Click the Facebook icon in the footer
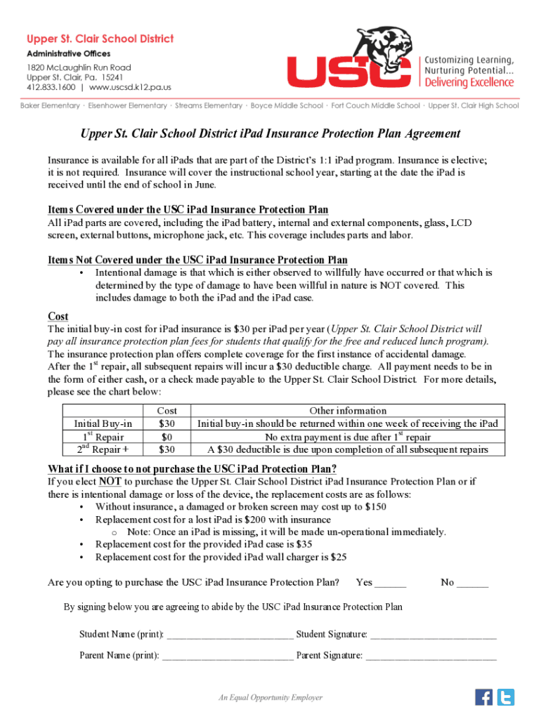pyautogui.click(x=484, y=697)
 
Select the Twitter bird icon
pyautogui.click(x=506, y=697)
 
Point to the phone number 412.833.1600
pyautogui.click(x=51, y=88)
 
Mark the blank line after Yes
pyautogui.click(x=391, y=583)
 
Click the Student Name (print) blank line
pyautogui.click(x=230, y=636)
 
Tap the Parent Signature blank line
pyautogui.click(x=431, y=657)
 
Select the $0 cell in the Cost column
pyautogui.click(x=167, y=436)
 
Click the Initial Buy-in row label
pyautogui.click(x=103, y=423)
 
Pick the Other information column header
pyautogui.click(x=348, y=411)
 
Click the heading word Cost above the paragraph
pyautogui.click(x=58, y=317)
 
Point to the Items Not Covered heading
pyautogui.click(x=197, y=260)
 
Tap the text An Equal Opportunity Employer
pyautogui.click(x=270, y=697)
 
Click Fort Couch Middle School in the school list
pyautogui.click(x=375, y=106)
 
